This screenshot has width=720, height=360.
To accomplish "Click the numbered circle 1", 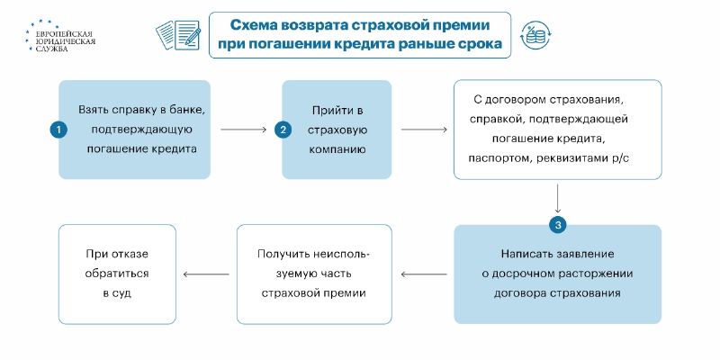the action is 58,130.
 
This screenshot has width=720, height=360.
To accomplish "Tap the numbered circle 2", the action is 283,130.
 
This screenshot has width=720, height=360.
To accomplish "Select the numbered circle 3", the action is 558,225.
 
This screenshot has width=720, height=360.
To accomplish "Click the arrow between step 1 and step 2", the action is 243,130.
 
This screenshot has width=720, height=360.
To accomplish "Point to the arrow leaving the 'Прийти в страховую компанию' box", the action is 424,130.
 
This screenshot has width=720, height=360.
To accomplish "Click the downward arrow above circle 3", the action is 558,198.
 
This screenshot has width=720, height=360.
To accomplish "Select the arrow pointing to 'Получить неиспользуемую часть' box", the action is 424,274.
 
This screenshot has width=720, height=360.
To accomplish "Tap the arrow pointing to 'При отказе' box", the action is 206,274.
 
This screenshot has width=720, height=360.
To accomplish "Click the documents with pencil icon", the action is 178,35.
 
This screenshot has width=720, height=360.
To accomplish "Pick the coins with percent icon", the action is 535,35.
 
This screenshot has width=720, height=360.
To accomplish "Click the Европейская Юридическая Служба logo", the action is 60,35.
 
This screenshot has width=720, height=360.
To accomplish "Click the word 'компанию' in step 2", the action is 337,149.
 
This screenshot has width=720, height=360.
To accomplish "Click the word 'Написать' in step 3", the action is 524,254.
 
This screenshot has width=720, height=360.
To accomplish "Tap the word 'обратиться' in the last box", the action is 118,274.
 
